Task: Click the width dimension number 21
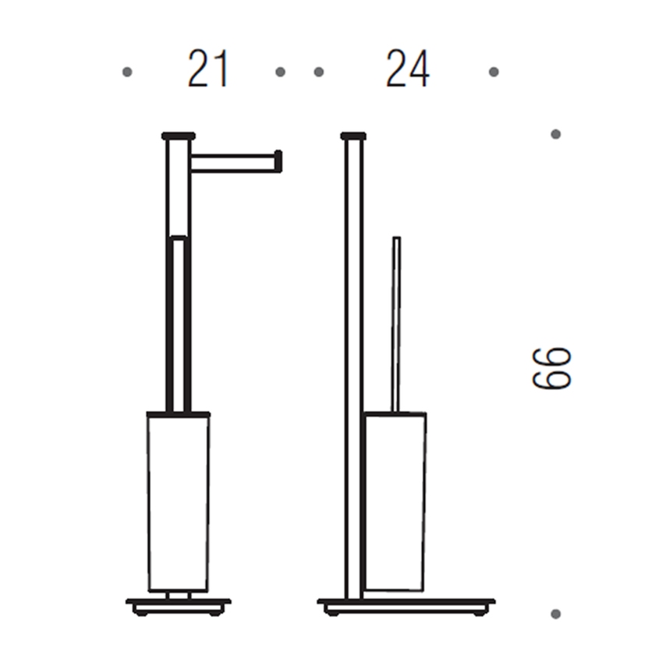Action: (x=208, y=71)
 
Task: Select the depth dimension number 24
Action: (x=407, y=71)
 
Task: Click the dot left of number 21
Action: (x=127, y=72)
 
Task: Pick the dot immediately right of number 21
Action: (x=280, y=72)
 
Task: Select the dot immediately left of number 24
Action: (x=318, y=72)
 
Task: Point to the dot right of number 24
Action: (x=493, y=72)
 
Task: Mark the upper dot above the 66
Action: (x=555, y=134)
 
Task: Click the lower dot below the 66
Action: (x=555, y=614)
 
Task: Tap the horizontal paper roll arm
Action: (x=232, y=162)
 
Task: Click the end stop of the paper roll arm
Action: (x=278, y=161)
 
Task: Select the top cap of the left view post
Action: (x=178, y=136)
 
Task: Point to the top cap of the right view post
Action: (x=353, y=136)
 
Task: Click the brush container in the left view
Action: (x=178, y=502)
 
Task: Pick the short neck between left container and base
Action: (x=178, y=595)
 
